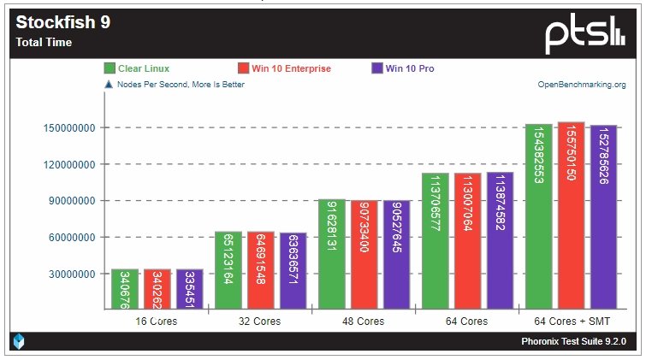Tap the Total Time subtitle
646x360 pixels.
[x=44, y=42]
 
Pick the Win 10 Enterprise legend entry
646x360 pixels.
[x=283, y=68]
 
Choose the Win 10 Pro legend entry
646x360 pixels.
[x=415, y=68]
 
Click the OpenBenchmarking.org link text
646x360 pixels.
[x=581, y=85]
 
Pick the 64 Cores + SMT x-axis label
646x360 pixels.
[x=572, y=322]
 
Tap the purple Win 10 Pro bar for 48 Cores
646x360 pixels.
[x=398, y=254]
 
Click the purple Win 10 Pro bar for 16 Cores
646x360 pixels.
[x=190, y=289]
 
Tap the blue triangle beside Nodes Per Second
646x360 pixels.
[x=109, y=85]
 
